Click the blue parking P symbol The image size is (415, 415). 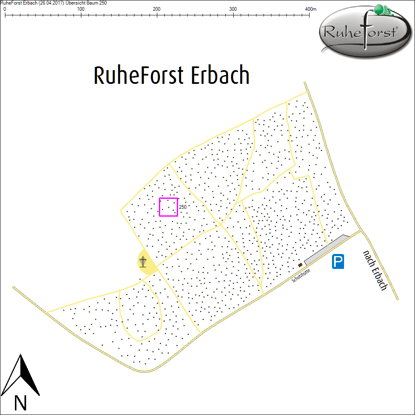point(338,262)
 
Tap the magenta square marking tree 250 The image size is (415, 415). point(168,207)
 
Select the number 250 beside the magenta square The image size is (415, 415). point(183,207)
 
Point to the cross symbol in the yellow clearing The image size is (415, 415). point(143,262)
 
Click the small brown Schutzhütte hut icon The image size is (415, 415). point(300,265)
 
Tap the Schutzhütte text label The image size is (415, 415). point(301,275)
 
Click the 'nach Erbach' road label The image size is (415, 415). point(375,270)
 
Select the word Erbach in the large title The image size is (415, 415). point(220,76)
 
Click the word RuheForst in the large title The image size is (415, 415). point(139,76)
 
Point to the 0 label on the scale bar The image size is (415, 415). point(5,9)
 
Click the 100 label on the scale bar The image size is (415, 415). point(81,9)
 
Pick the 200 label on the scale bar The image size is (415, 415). point(157,9)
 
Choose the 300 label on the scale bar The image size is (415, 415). point(233,9)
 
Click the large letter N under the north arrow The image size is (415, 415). point(20,403)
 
